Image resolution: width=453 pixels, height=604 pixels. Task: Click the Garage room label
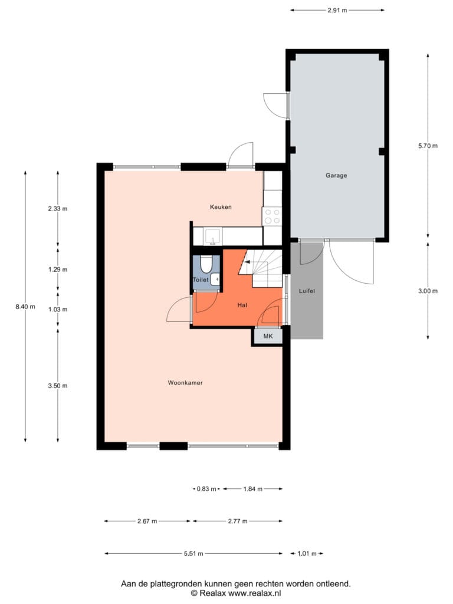[x=336, y=176]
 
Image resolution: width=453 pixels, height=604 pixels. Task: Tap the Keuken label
[x=221, y=207]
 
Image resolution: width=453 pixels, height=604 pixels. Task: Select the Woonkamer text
[x=185, y=382]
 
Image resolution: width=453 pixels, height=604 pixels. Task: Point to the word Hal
[x=242, y=305]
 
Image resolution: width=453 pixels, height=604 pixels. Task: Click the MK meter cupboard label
[x=268, y=336]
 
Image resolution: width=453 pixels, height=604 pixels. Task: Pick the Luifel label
[x=307, y=291]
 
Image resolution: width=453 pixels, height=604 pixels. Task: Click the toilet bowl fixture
[x=206, y=264]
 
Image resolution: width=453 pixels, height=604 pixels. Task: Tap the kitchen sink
[x=212, y=237]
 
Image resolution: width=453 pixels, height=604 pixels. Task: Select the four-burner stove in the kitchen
[x=272, y=216]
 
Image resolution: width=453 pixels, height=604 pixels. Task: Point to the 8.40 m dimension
[x=25, y=307]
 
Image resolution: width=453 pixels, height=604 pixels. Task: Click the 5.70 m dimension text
[x=428, y=146]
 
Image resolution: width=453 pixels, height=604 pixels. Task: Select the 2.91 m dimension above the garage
[x=337, y=11]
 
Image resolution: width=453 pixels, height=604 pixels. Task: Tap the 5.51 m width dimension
[x=193, y=553]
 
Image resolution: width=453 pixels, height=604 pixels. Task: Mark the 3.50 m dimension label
[x=58, y=386]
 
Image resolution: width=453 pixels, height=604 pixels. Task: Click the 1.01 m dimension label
[x=307, y=553]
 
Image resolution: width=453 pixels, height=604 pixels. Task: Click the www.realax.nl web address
[x=255, y=593]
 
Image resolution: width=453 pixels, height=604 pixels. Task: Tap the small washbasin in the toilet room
[x=216, y=278]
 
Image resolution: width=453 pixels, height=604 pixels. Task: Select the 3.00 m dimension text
[x=428, y=291]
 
